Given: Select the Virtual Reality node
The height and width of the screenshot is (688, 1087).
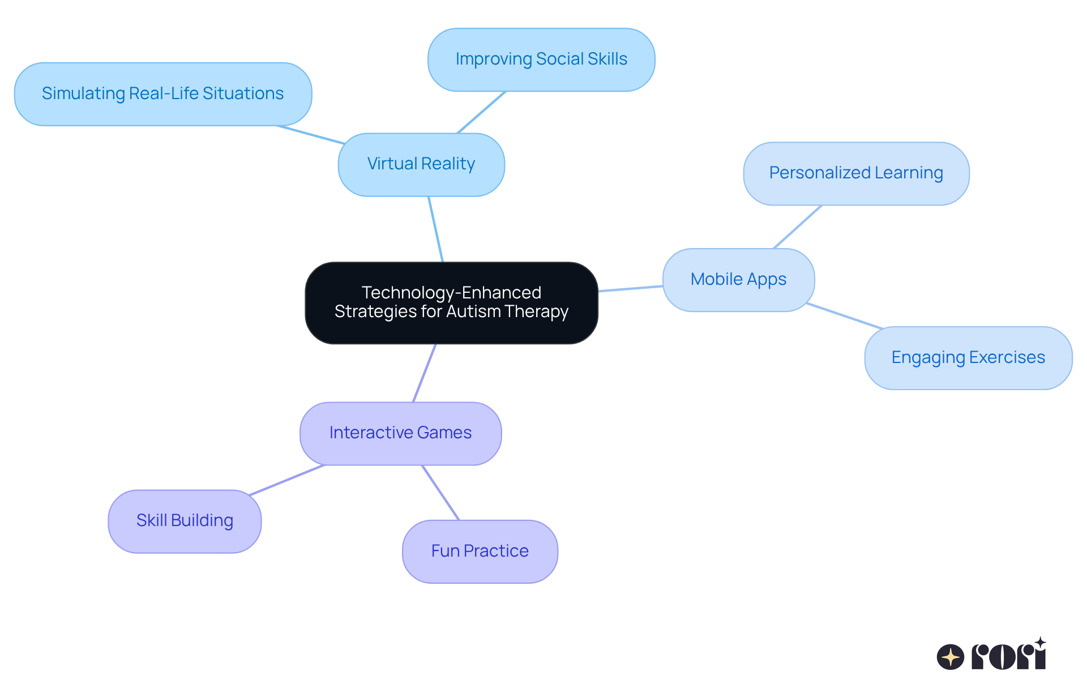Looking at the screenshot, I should [421, 164].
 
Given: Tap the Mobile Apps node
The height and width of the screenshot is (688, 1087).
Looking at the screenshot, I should [738, 279].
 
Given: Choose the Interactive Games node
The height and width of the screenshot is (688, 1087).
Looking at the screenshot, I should [400, 433].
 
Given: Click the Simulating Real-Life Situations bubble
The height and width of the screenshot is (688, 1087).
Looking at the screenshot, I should [162, 94].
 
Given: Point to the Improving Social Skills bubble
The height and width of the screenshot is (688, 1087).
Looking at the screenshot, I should [541, 59].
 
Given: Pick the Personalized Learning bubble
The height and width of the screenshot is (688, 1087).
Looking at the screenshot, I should [855, 173].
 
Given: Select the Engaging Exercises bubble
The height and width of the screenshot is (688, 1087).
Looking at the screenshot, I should [968, 358].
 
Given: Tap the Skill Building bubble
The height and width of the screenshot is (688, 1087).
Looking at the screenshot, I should [185, 521].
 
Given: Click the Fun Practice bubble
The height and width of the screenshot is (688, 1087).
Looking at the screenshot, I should [480, 551].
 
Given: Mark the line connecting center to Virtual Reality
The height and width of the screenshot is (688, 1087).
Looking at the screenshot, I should [436, 229].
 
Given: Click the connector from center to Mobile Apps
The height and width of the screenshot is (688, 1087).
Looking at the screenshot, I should [630, 289].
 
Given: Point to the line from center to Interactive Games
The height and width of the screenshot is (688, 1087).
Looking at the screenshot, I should [425, 373].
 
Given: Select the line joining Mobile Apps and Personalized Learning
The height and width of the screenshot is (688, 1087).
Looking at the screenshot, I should [798, 227].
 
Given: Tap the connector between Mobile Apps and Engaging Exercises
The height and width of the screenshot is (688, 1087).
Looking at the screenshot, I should [844, 316].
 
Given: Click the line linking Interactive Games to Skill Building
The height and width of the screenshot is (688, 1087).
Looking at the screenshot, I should [287, 480].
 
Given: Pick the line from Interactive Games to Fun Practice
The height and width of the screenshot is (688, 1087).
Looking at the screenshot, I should [440, 493].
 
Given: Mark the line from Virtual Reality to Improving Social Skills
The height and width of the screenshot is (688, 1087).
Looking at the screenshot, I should [481, 112].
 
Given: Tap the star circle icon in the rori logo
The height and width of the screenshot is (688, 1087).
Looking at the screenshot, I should [950, 657].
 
